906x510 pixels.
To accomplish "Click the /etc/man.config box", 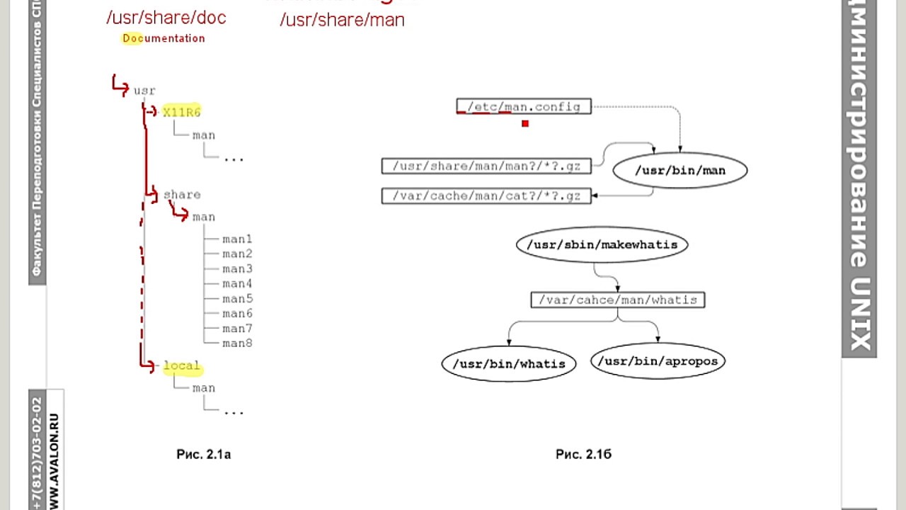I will click(524, 107).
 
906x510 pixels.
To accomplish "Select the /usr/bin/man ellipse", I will click(679, 171).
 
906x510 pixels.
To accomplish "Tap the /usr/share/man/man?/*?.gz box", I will click(486, 166).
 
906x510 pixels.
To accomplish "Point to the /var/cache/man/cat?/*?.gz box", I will click(486, 195).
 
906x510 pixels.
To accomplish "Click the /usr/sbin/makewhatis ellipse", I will click(602, 245).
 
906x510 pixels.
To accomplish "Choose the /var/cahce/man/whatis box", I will click(617, 300).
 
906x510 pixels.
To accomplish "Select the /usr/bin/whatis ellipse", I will click(508, 363).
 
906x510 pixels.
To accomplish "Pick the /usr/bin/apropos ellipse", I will click(658, 361).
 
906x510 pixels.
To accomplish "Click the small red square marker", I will click(525, 124).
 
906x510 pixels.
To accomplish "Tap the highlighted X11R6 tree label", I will click(182, 112).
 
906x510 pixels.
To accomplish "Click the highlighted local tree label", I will click(182, 366).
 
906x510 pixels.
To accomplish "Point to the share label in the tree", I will click(182, 195).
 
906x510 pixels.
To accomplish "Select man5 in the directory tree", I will click(237, 299).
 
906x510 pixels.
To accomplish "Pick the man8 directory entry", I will click(237, 344).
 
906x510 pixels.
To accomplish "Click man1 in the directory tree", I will click(237, 239).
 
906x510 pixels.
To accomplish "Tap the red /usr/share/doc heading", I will click(166, 18).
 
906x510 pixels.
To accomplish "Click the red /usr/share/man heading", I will click(342, 20).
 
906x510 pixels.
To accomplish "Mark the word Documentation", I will click(164, 38).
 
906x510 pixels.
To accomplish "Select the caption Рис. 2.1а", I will click(203, 455).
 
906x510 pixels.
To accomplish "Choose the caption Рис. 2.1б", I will click(583, 455).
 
